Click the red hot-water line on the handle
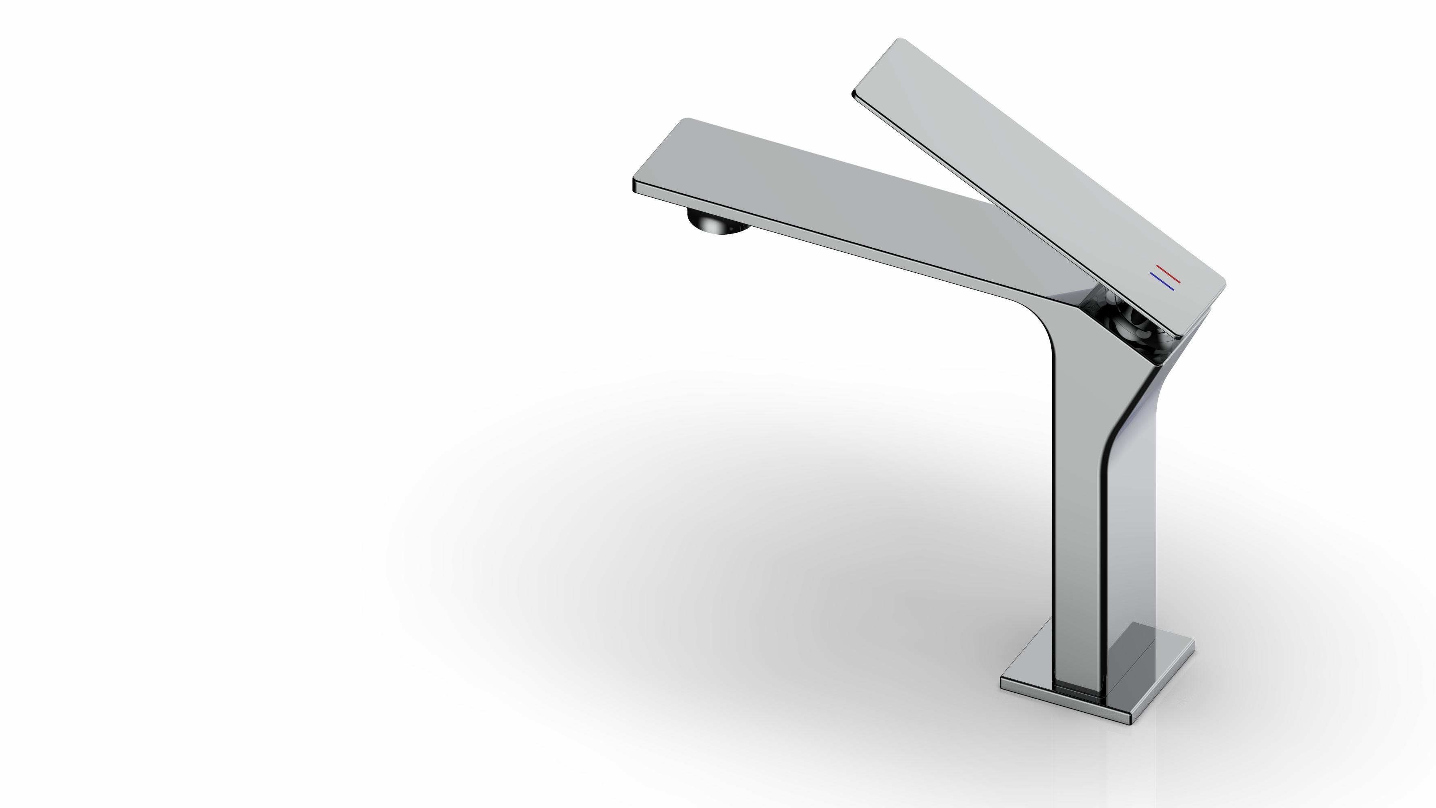[x=1168, y=274]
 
